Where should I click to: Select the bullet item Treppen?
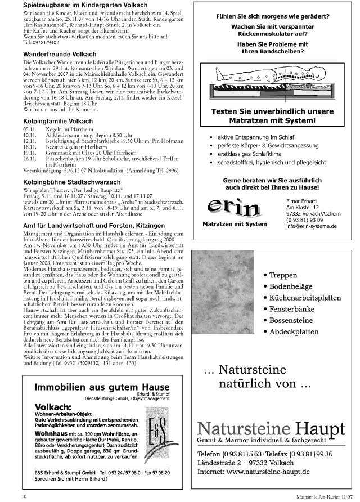tap(284, 275)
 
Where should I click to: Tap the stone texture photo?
tap(223, 304)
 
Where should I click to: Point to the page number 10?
tap(24, 496)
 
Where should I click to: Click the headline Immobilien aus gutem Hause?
tap(102, 387)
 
